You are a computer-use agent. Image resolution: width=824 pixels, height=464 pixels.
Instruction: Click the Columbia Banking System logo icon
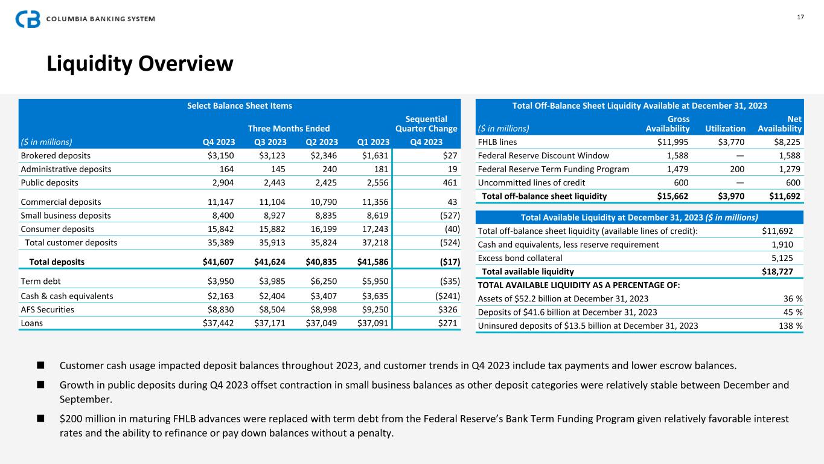[28, 19]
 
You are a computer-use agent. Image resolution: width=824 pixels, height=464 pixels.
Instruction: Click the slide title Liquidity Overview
[140, 63]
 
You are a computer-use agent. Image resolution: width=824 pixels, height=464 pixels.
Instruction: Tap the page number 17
[800, 17]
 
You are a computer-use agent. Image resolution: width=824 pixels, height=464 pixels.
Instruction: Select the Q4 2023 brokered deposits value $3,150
[217, 156]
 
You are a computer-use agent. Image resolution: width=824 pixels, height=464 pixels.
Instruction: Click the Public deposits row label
[50, 182]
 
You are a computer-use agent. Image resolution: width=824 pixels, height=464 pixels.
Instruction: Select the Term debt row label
[40, 281]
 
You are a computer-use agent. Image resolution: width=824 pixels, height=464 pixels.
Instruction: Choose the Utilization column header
[725, 129]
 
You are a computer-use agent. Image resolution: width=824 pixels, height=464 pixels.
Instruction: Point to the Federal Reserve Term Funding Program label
[553, 169]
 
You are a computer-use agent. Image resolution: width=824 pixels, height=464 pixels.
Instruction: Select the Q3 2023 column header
[267, 142]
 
